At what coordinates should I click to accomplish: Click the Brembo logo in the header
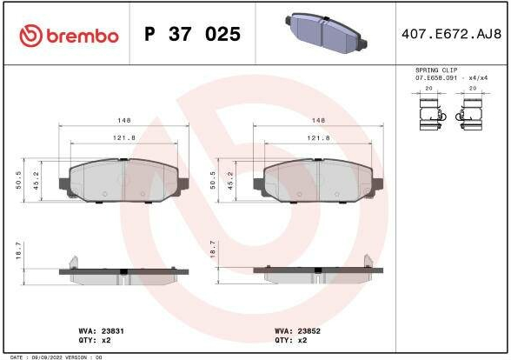coord(69,35)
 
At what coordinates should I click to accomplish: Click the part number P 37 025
coord(192,34)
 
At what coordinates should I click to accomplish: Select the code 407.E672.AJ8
coord(451,34)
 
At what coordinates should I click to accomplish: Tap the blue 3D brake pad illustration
coord(326,33)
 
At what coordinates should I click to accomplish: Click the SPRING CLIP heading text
coord(436,70)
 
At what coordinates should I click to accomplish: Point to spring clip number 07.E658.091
coord(436,78)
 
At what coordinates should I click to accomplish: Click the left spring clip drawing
coord(432,115)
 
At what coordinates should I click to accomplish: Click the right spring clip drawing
coord(469,115)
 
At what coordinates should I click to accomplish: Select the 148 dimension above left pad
coord(123,120)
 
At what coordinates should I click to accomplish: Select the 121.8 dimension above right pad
coord(318,138)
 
